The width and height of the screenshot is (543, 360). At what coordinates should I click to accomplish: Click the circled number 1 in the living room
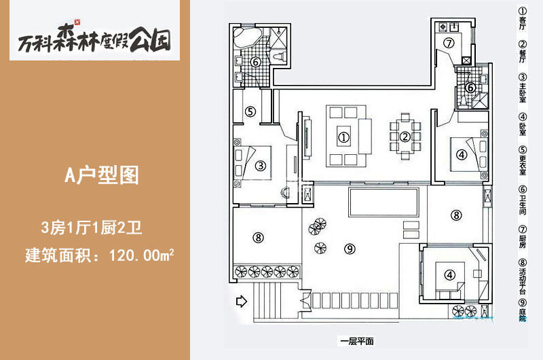click(343, 138)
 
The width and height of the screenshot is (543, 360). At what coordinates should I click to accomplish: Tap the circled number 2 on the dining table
click(405, 137)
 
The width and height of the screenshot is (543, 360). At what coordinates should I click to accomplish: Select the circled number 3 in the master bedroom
click(261, 166)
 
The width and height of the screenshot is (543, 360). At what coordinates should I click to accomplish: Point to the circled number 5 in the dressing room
click(250, 111)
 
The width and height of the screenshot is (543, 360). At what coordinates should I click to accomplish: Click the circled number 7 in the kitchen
click(449, 43)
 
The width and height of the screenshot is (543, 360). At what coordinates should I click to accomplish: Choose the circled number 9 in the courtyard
click(350, 249)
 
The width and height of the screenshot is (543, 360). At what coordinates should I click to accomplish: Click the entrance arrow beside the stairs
click(242, 301)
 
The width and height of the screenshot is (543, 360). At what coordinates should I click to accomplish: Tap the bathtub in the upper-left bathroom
click(247, 38)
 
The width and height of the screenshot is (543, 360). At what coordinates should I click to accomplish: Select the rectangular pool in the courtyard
click(383, 202)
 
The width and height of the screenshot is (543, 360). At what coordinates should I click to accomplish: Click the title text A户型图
click(102, 175)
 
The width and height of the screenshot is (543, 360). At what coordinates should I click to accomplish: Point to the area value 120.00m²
click(141, 255)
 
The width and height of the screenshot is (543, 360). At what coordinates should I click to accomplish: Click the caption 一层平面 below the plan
click(357, 341)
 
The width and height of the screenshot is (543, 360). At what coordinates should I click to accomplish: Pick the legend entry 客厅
click(522, 19)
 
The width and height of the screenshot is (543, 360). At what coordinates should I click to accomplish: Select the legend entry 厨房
click(522, 237)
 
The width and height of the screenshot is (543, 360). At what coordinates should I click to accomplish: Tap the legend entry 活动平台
click(522, 276)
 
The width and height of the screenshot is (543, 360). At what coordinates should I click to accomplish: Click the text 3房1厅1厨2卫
click(92, 228)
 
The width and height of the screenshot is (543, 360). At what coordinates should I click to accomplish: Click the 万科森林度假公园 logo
click(94, 38)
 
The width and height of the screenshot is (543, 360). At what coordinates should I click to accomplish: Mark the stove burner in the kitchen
click(443, 27)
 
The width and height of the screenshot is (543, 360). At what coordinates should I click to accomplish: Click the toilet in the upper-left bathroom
click(279, 56)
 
